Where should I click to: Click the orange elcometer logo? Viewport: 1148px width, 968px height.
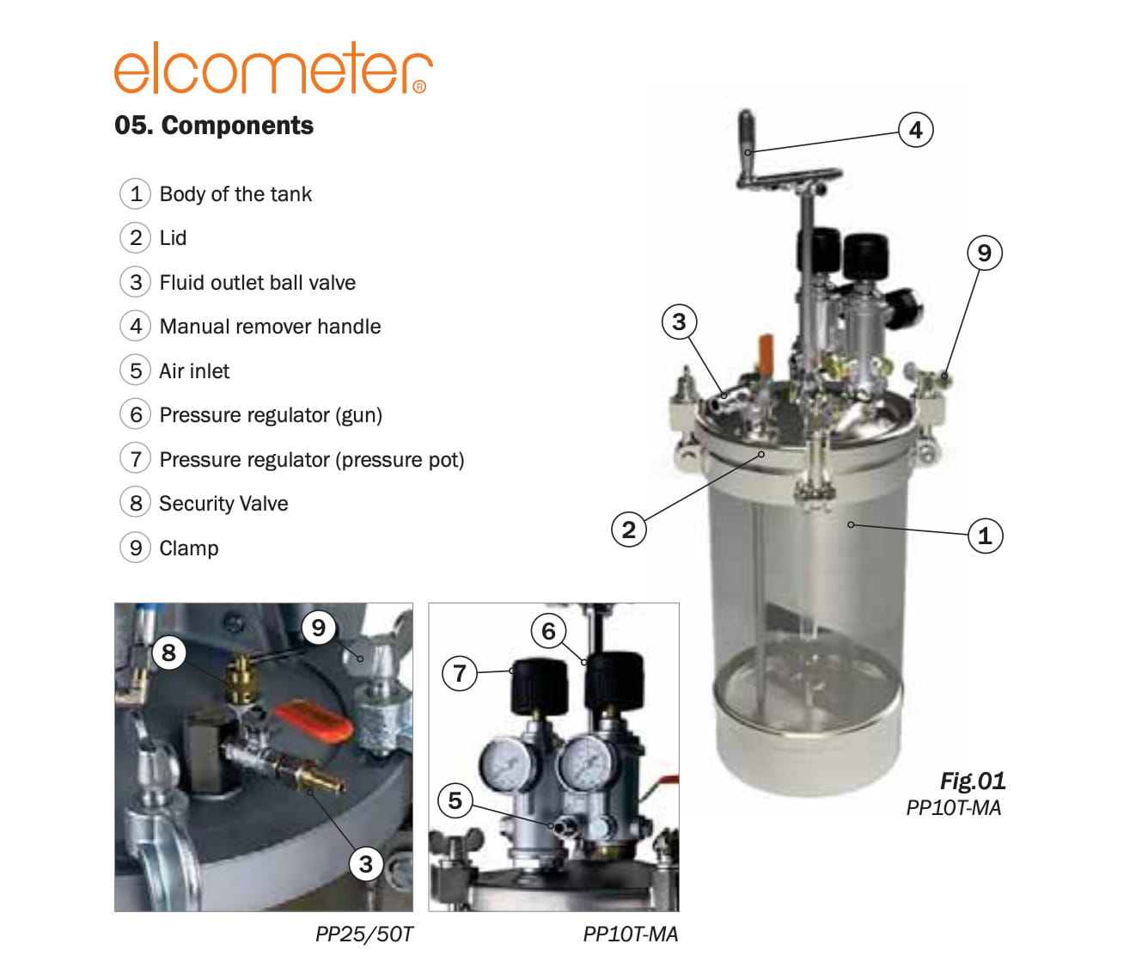coord(273,68)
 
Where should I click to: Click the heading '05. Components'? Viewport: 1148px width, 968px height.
coord(214,126)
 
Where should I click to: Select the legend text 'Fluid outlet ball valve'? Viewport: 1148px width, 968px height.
coord(257,283)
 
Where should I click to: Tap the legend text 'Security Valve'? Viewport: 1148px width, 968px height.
coord(223,504)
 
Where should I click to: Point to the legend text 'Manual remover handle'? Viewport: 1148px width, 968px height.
coord(270,327)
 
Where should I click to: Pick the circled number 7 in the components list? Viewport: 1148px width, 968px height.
coord(135,459)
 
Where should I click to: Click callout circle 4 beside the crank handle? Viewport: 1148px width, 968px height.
coord(915,130)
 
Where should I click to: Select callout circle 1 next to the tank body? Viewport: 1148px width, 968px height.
coord(985,535)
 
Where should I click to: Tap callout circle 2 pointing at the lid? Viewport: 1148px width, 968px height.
coord(628,530)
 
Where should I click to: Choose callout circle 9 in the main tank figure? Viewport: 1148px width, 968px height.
coord(984,253)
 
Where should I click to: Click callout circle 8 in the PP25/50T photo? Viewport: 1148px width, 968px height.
coord(168,652)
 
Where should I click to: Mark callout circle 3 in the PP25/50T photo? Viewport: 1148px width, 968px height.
coord(365,864)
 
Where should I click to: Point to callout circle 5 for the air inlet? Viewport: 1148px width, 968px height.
coord(455,800)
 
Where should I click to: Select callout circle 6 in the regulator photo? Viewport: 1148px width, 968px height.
coord(548,631)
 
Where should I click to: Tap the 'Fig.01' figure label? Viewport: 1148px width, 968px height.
coord(973,781)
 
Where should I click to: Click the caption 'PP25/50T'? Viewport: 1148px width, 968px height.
coord(364,934)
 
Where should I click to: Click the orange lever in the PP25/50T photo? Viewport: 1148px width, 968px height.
coord(314,721)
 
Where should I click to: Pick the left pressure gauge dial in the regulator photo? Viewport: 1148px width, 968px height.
coord(508,764)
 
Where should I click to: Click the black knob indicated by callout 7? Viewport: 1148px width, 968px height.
coord(540,686)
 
